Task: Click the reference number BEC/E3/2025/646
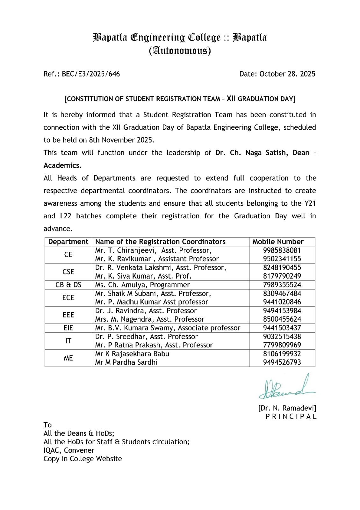(91, 74)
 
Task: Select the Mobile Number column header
(278, 242)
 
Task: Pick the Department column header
(68, 242)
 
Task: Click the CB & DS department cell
(68, 285)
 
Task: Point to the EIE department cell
(68, 328)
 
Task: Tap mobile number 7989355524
(282, 285)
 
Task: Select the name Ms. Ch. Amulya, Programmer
(142, 285)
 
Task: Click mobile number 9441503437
(282, 328)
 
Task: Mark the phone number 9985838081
(282, 250)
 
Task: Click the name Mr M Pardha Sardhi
(126, 362)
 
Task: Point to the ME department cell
(68, 358)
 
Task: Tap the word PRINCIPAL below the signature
(291, 417)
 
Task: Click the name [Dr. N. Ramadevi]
(287, 408)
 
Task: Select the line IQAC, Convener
(69, 450)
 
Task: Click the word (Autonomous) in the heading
(180, 51)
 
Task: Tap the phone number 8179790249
(282, 276)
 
